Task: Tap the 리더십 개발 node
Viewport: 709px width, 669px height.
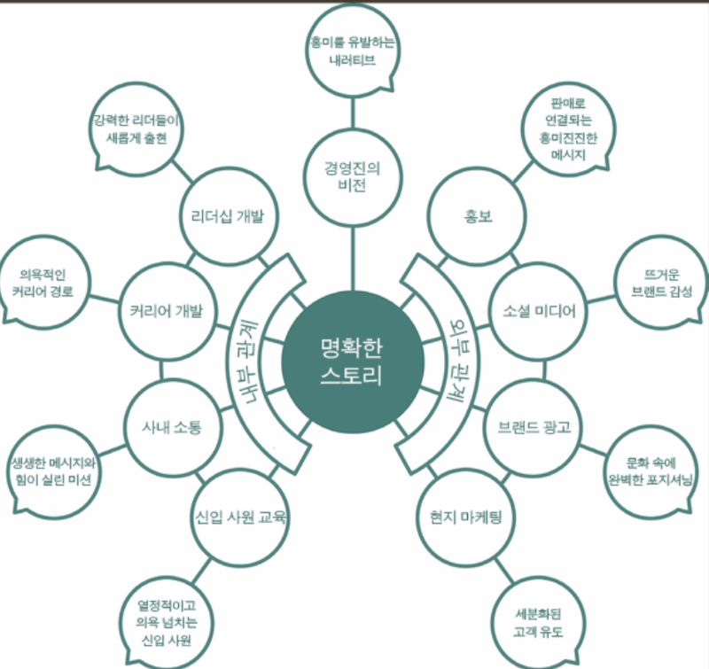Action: [x=230, y=215]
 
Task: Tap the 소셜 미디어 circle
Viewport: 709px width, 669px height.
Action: [x=538, y=311]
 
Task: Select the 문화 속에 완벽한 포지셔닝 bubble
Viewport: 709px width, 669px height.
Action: [x=650, y=471]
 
